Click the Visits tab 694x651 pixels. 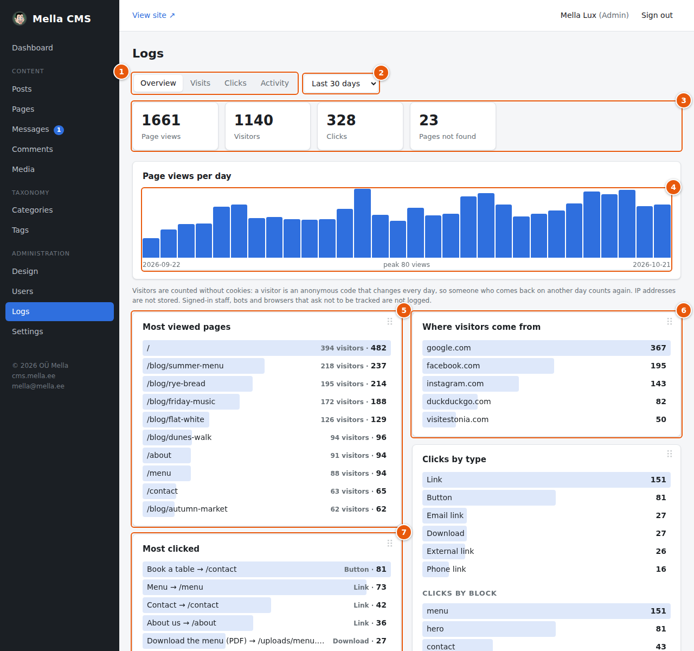click(200, 83)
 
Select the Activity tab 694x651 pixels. click(274, 83)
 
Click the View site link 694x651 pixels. click(153, 15)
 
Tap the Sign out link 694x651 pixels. click(657, 15)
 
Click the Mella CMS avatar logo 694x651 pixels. click(20, 18)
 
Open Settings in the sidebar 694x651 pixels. click(27, 331)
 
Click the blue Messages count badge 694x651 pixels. click(59, 130)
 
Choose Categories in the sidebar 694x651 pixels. click(32, 210)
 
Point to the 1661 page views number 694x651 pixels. click(161, 120)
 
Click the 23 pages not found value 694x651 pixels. click(428, 120)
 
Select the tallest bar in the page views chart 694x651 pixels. click(362, 223)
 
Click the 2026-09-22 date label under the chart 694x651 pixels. click(162, 264)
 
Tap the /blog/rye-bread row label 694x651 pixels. click(176, 384)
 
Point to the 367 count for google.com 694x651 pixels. click(658, 348)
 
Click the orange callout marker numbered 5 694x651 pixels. click(403, 310)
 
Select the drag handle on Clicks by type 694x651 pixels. click(669, 454)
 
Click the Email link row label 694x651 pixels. click(445, 515)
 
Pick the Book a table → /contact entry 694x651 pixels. click(191, 569)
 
